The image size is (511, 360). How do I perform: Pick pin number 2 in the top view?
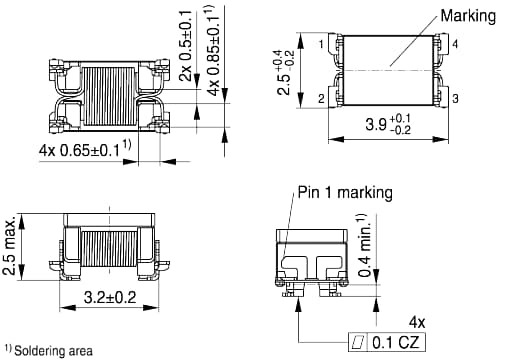point(322,99)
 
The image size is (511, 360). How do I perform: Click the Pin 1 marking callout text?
point(342,193)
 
